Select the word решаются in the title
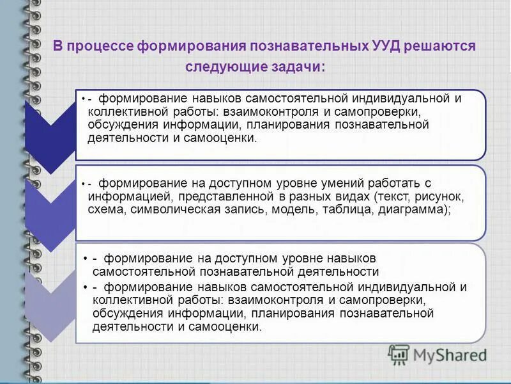pyautogui.click(x=444, y=47)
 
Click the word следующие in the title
pyautogui.click(x=224, y=67)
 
